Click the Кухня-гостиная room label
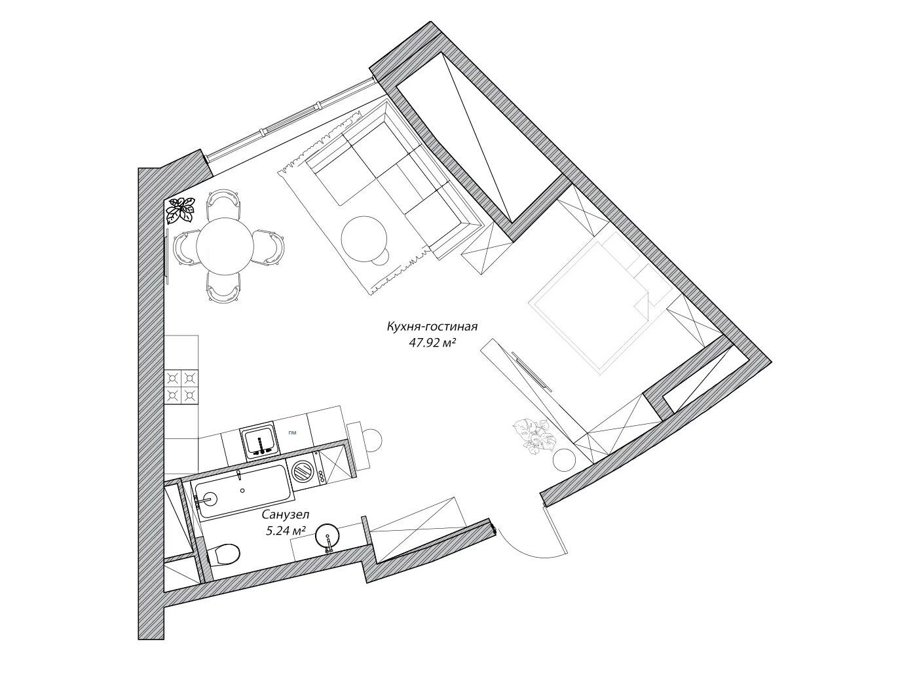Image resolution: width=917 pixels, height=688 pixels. [x=432, y=326]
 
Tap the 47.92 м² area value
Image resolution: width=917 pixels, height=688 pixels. [x=432, y=343]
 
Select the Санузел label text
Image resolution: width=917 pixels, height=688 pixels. [x=286, y=515]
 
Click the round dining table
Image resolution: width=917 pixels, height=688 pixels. [x=225, y=246]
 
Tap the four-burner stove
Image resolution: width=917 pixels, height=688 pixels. [x=181, y=387]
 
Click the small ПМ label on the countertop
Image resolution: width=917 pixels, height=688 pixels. [x=292, y=432]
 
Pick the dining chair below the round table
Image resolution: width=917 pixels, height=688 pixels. [x=224, y=287]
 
